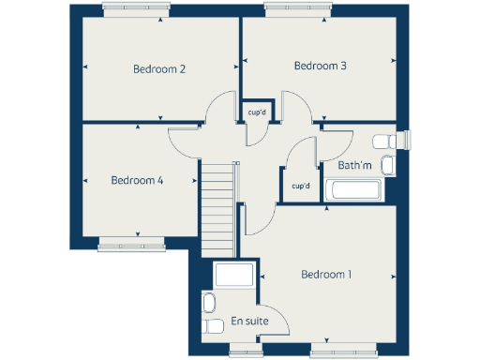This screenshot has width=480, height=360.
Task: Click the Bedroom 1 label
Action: pos(326,275)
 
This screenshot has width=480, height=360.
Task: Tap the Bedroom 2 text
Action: pos(158,69)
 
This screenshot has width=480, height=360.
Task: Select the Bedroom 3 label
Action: pos(321,66)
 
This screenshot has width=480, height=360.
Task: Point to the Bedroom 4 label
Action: pos(137,180)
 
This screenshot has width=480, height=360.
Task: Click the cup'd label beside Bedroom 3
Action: pos(258,112)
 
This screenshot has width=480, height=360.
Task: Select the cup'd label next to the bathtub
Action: pos(301,186)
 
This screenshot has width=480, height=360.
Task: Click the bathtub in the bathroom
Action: pos(352,191)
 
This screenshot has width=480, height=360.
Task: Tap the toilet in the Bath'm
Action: pos(387,141)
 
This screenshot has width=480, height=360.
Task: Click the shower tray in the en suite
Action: pos(233,277)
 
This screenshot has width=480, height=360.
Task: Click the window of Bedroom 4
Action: pos(130,247)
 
